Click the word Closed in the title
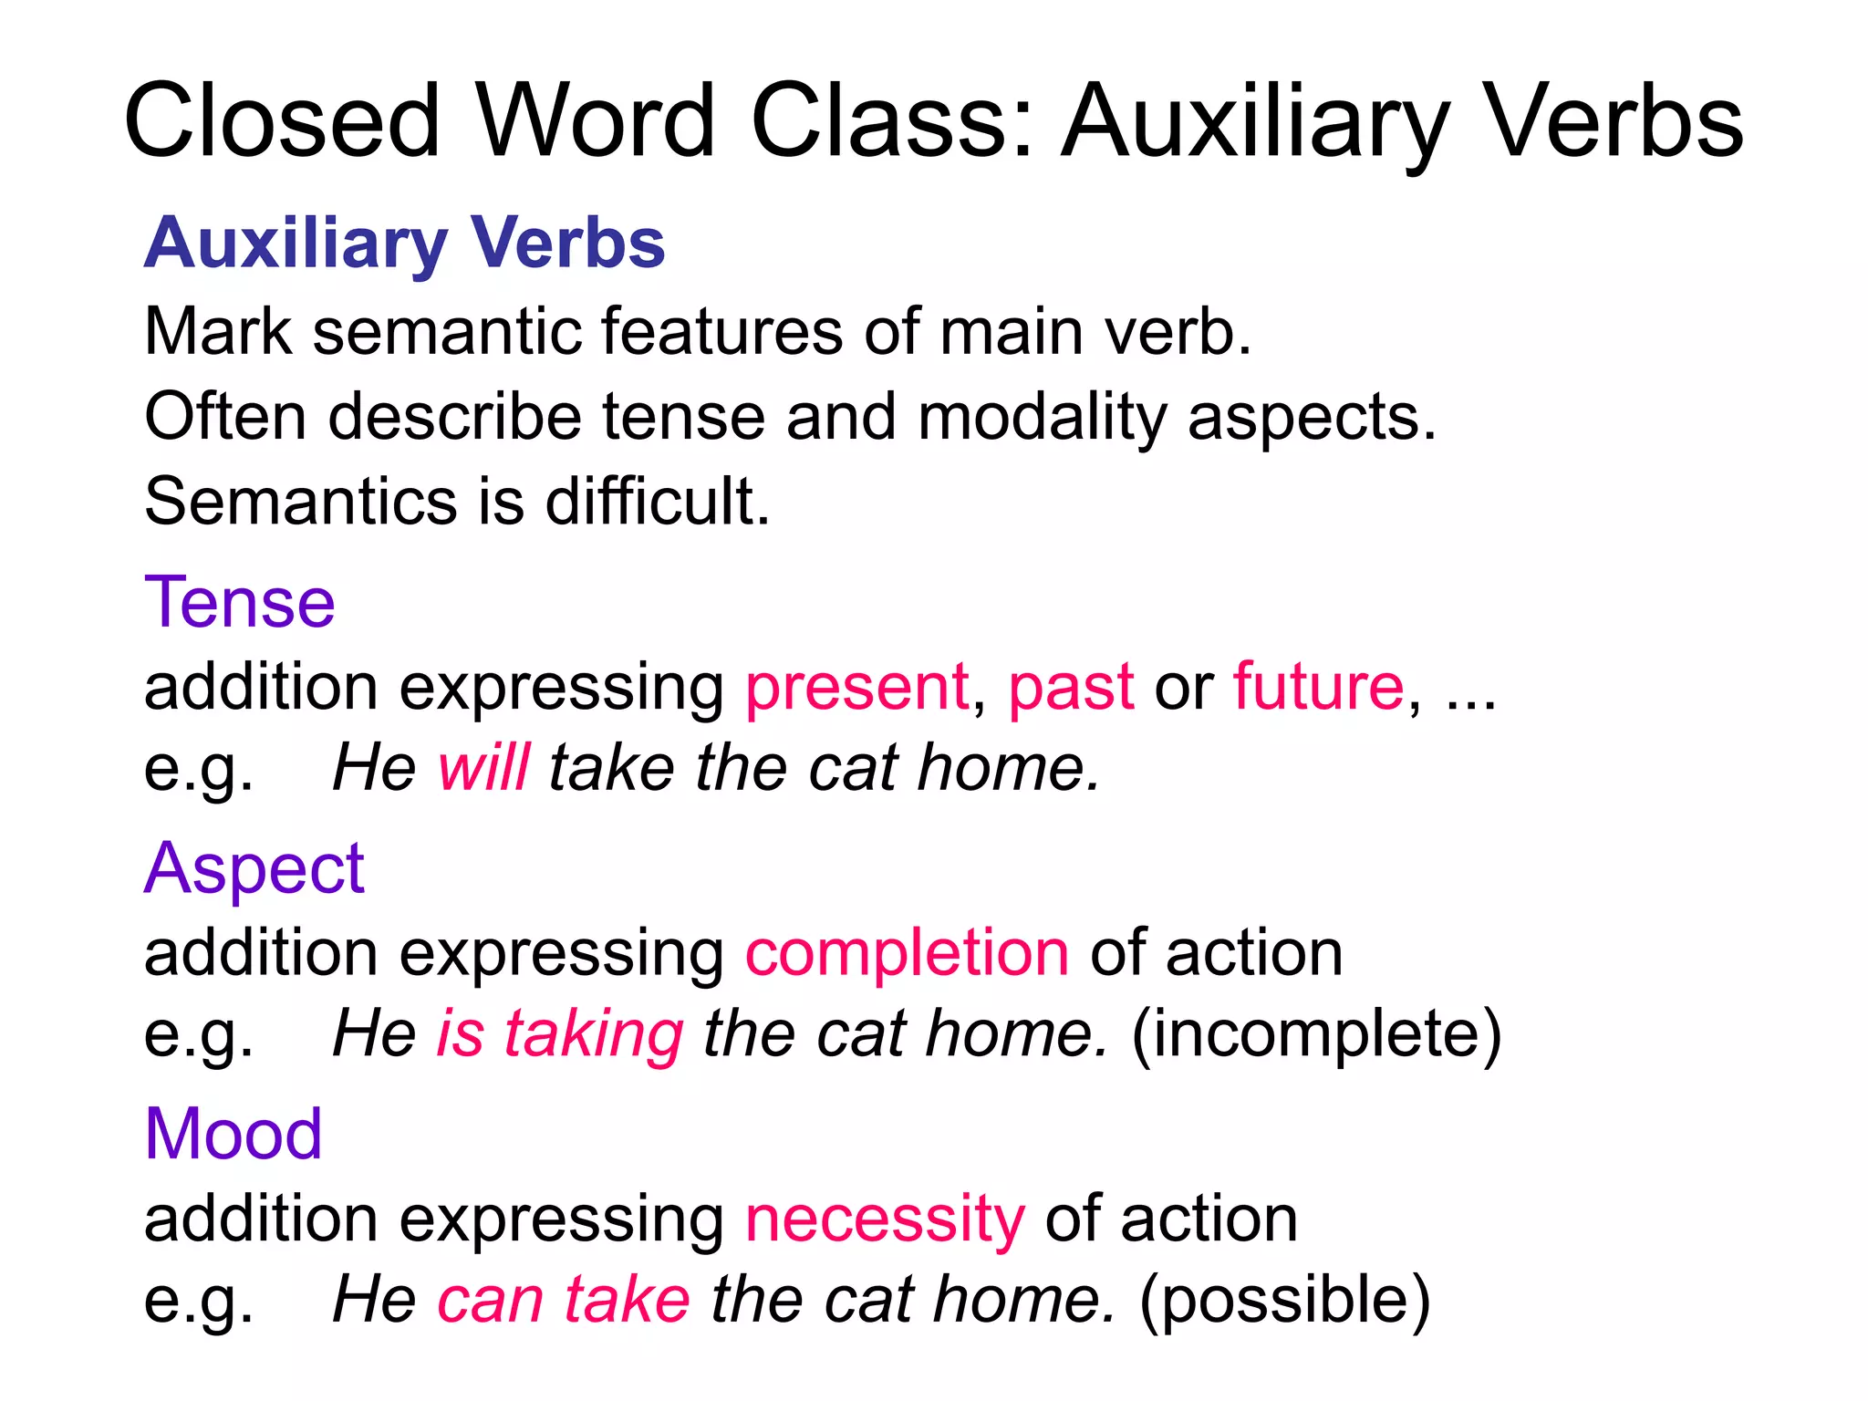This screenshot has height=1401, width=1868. tap(282, 121)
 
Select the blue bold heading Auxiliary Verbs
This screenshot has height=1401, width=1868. tap(404, 244)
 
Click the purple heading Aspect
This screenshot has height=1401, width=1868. tap(254, 868)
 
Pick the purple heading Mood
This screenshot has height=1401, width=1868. tap(233, 1134)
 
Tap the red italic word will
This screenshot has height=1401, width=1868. tap(483, 767)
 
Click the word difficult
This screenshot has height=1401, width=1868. tap(657, 501)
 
